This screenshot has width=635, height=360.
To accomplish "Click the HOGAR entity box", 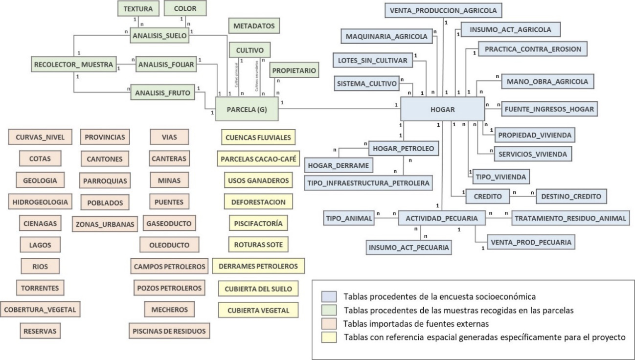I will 442,109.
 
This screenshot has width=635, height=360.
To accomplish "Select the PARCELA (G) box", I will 247,109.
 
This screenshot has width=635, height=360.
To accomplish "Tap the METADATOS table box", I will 253,25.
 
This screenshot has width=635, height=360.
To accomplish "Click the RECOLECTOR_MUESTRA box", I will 74,64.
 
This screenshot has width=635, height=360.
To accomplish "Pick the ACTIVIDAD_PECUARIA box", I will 442,218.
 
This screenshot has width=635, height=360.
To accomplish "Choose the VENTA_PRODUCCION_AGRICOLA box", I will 443,10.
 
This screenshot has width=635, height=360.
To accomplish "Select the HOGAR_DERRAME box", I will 339,166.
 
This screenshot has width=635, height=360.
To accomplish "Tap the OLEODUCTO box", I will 169,244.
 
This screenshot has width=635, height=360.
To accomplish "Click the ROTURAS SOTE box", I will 258,244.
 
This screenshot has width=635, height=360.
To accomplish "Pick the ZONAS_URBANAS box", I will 105,224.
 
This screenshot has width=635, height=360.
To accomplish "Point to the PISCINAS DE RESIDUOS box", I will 169,330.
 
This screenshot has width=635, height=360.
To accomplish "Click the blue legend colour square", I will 328,296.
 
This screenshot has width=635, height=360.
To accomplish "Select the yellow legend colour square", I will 328,337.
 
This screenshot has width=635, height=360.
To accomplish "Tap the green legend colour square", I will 328,310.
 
